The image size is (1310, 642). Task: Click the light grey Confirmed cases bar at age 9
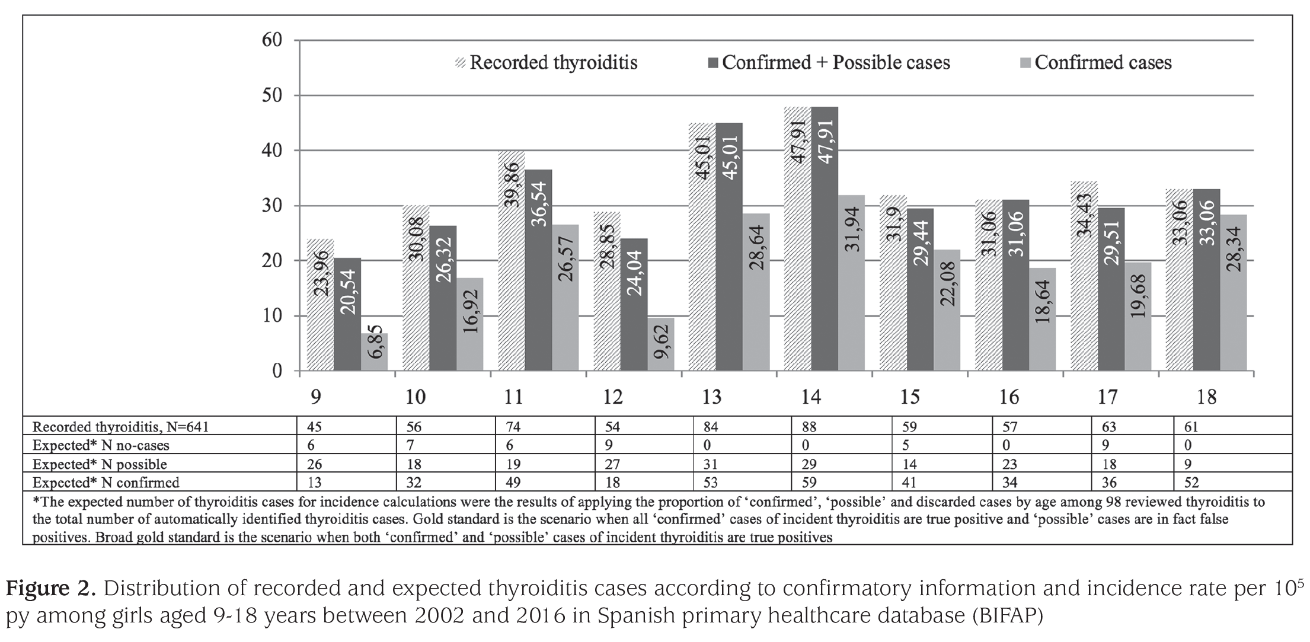click(375, 352)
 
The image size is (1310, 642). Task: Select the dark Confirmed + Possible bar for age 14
click(825, 239)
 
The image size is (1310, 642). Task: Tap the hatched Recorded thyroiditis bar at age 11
click(512, 261)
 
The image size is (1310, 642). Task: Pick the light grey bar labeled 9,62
click(661, 344)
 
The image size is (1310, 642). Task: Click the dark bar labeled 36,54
click(539, 270)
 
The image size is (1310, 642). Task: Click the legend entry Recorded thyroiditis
click(547, 63)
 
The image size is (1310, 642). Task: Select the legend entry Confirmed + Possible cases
click(828, 63)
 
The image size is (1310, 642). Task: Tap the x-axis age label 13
click(711, 397)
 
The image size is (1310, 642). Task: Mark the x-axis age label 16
click(1009, 397)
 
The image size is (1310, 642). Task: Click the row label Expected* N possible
click(100, 464)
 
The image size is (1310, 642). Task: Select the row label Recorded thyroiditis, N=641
click(121, 427)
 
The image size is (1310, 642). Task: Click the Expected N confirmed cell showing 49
click(510, 483)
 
